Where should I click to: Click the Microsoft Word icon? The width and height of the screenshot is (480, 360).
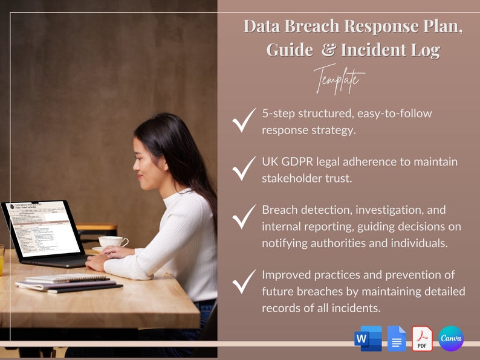click(x=368, y=338)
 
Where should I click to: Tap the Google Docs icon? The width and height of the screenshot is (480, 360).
click(x=397, y=338)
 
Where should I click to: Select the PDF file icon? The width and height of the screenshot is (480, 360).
click(x=422, y=338)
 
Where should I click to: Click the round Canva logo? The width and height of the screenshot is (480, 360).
click(x=451, y=338)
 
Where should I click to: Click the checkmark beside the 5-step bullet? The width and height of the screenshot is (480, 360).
click(x=244, y=121)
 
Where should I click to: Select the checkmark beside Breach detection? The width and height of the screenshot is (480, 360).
click(x=244, y=217)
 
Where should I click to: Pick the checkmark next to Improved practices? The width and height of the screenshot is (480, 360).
click(x=244, y=282)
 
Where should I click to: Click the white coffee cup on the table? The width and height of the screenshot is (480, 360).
click(x=112, y=242)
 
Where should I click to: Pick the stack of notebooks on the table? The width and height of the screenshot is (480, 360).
click(x=66, y=283)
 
